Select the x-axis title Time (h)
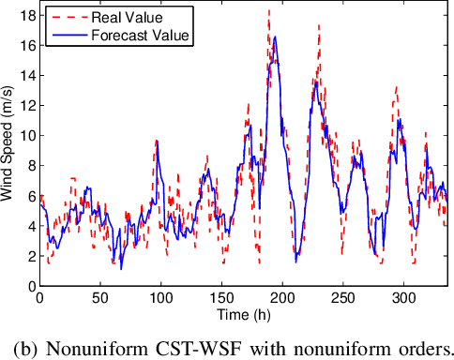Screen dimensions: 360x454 (242, 312)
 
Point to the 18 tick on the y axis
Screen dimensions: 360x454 (26, 15)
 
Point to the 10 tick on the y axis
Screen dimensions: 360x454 (26, 135)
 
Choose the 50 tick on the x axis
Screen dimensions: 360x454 (99, 297)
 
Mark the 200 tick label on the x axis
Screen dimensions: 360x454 (282, 297)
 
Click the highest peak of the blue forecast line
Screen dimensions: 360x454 (275, 37)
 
